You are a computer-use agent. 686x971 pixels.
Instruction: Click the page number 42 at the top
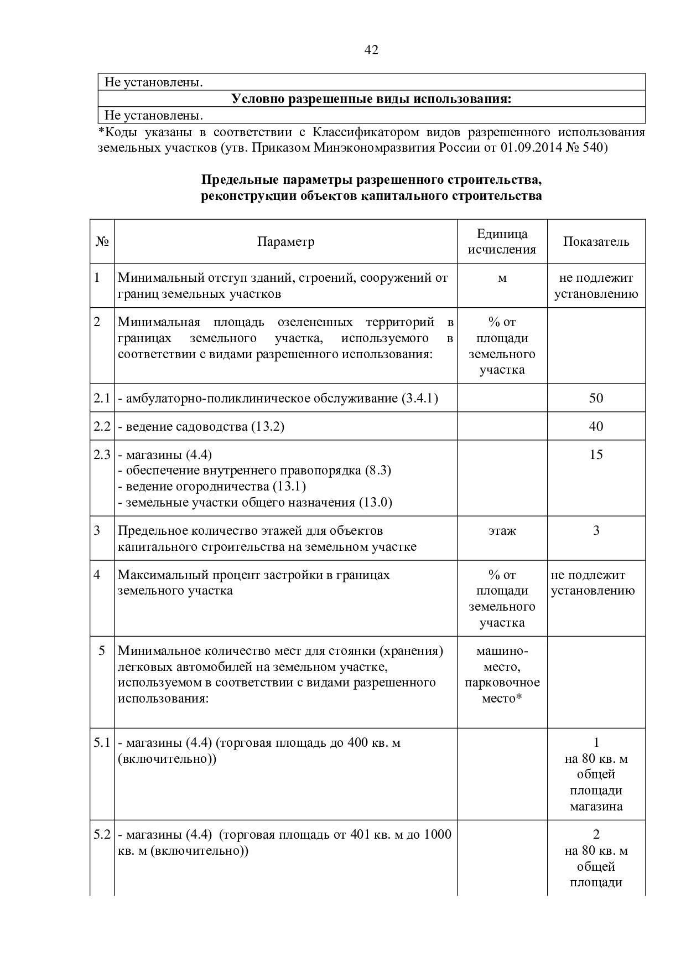coord(372,50)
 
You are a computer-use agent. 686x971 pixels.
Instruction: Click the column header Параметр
coord(285,242)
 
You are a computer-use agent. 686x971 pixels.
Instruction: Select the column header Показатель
coord(596,242)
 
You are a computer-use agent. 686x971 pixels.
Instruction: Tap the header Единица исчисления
coord(502,242)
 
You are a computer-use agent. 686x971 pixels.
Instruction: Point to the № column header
coord(102,242)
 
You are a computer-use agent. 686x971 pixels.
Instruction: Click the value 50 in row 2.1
coord(596,398)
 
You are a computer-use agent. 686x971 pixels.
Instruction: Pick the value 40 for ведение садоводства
coord(596,426)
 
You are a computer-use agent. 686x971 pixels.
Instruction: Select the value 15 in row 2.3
coord(596,454)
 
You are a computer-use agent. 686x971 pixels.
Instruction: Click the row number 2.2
coord(102,426)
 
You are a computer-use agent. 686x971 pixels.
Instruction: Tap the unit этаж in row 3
coord(502,531)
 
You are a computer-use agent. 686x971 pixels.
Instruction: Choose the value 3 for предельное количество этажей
coord(596,531)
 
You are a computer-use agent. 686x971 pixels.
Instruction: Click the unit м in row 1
coord(502,278)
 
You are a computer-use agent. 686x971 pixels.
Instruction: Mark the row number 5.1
coord(102,742)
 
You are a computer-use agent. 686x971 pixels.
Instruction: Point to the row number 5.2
coord(102,834)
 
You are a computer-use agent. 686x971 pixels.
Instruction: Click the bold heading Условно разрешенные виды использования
coord(371,99)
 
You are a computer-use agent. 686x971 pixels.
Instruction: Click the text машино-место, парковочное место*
coord(502,674)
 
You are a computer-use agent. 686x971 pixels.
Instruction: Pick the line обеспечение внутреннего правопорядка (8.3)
coord(254,471)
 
